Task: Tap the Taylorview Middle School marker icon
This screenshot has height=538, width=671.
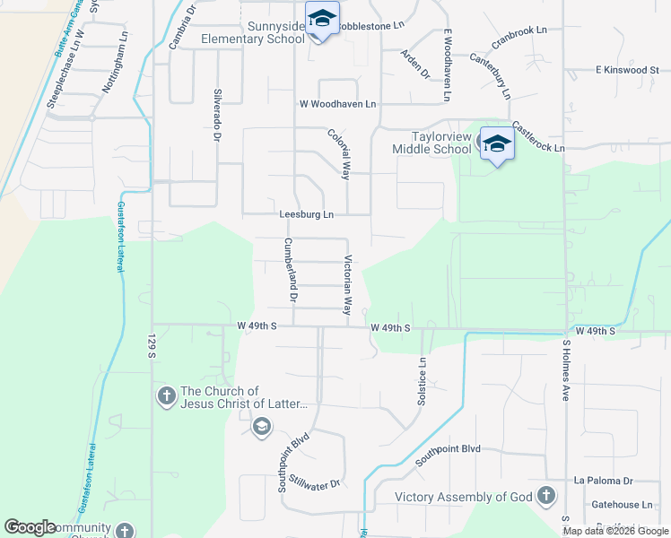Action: (x=496, y=143)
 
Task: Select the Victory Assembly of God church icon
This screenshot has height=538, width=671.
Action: (x=545, y=496)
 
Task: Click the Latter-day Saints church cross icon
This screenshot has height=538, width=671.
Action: (x=166, y=395)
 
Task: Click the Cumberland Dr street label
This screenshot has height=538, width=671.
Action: (x=291, y=269)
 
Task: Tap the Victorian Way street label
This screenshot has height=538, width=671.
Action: (x=347, y=286)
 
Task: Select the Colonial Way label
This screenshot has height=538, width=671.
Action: (x=338, y=154)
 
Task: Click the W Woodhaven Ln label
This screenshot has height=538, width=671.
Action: (x=338, y=105)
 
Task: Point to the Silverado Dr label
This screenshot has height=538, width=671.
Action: (x=216, y=115)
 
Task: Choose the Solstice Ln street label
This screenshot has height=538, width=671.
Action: (x=422, y=381)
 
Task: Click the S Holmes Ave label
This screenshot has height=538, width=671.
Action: (x=566, y=369)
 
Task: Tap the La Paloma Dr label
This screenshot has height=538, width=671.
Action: (x=604, y=481)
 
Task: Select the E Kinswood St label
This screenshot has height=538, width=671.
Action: (x=627, y=70)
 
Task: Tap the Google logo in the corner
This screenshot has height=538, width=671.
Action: (x=30, y=527)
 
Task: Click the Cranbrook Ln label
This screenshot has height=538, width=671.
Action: (x=518, y=37)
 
